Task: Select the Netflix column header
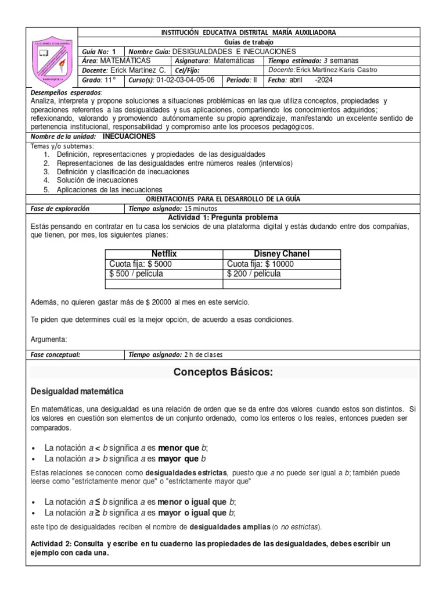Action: click(164, 254)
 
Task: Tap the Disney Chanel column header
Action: click(282, 254)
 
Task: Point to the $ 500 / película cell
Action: click(136, 274)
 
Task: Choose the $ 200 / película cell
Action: click(254, 274)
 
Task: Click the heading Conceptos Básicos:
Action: click(223, 373)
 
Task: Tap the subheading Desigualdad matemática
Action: click(77, 391)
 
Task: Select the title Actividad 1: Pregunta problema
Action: click(222, 217)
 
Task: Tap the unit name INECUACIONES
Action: click(129, 137)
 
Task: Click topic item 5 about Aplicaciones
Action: click(109, 189)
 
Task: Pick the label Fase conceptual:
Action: click(55, 354)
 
